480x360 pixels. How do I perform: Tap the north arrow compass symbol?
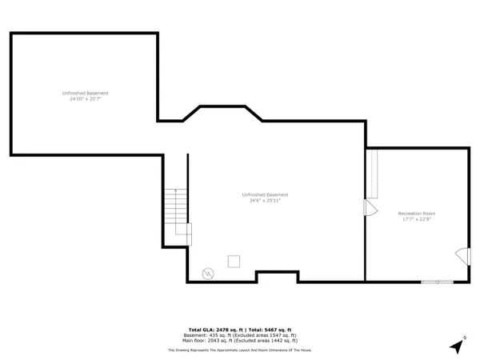tap(458, 346)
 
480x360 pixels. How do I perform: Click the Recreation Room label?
tap(417, 214)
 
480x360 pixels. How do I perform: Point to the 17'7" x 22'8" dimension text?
tap(417, 219)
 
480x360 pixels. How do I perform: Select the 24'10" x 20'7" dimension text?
tap(86, 99)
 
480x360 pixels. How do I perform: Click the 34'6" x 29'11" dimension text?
tap(265, 201)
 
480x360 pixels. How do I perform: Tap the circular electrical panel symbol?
tap(208, 273)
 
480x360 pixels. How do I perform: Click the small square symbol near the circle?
tap(234, 261)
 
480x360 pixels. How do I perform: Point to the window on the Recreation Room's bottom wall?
tap(436, 281)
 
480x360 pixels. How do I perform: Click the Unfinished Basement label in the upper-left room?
tap(86, 94)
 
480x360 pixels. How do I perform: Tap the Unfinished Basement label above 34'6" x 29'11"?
tap(265, 195)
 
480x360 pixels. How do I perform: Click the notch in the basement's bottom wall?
tap(278, 276)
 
